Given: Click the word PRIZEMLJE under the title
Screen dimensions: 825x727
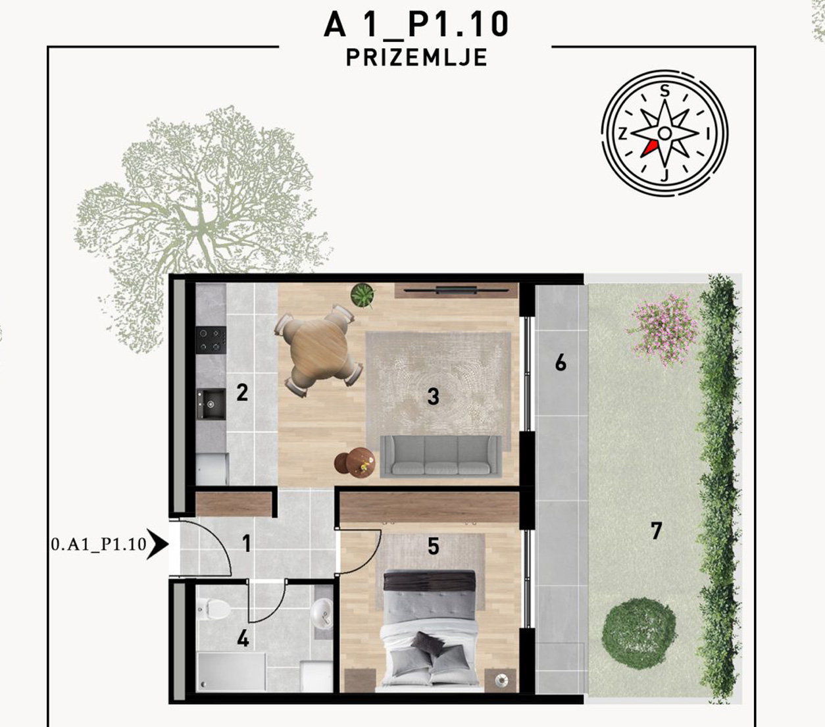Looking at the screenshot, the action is point(416,57).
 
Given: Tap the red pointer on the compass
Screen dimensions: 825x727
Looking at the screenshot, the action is point(649,149).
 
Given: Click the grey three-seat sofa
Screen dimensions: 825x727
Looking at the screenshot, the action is point(441,456).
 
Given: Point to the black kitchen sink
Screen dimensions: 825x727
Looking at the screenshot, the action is point(211,403).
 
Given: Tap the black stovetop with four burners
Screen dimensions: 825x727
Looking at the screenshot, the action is point(211,339).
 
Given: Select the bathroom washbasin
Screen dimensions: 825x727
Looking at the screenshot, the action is point(322,614).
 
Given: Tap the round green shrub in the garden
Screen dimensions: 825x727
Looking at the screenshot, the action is point(638,634).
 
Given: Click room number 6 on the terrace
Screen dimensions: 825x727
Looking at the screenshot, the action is point(561,363).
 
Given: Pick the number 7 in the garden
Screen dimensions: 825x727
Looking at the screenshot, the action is point(656,531).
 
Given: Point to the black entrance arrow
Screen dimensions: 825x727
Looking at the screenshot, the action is point(158,543).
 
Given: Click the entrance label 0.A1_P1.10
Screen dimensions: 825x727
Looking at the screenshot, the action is point(99,544).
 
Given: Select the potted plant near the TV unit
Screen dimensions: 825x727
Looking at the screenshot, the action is point(362,295).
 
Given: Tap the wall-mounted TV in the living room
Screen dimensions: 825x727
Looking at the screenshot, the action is point(456,290).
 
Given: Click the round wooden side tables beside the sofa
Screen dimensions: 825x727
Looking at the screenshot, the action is point(355,462).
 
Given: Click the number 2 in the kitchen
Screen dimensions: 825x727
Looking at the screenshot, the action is point(242,393).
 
